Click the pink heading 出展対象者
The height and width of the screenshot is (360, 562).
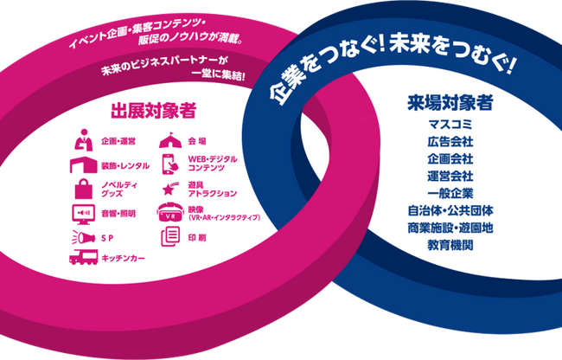point(153,111)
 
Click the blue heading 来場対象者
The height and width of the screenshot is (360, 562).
point(450,103)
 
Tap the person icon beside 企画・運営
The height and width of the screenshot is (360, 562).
point(84,140)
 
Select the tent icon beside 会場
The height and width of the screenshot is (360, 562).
point(170,140)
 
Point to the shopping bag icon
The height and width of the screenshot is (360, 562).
point(84,189)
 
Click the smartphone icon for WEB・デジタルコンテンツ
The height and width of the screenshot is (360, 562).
point(169,164)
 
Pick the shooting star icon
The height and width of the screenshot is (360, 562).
point(170,189)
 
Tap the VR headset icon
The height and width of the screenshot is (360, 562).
point(170,212)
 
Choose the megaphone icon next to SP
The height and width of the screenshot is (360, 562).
point(84,237)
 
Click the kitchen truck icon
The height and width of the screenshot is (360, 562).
point(84,257)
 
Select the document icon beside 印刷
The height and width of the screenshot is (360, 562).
point(170,236)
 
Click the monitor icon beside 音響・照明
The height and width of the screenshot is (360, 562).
point(84,214)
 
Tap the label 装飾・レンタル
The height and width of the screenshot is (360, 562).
point(125,166)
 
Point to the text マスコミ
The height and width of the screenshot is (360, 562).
point(450,125)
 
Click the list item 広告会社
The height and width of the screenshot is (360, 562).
point(450,142)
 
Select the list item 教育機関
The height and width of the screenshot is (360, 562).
point(450,245)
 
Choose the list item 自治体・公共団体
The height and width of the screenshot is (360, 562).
point(450,211)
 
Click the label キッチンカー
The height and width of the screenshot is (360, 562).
point(123,258)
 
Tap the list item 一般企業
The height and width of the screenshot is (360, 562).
point(450,194)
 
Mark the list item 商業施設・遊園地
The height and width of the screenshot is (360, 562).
point(450,228)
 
